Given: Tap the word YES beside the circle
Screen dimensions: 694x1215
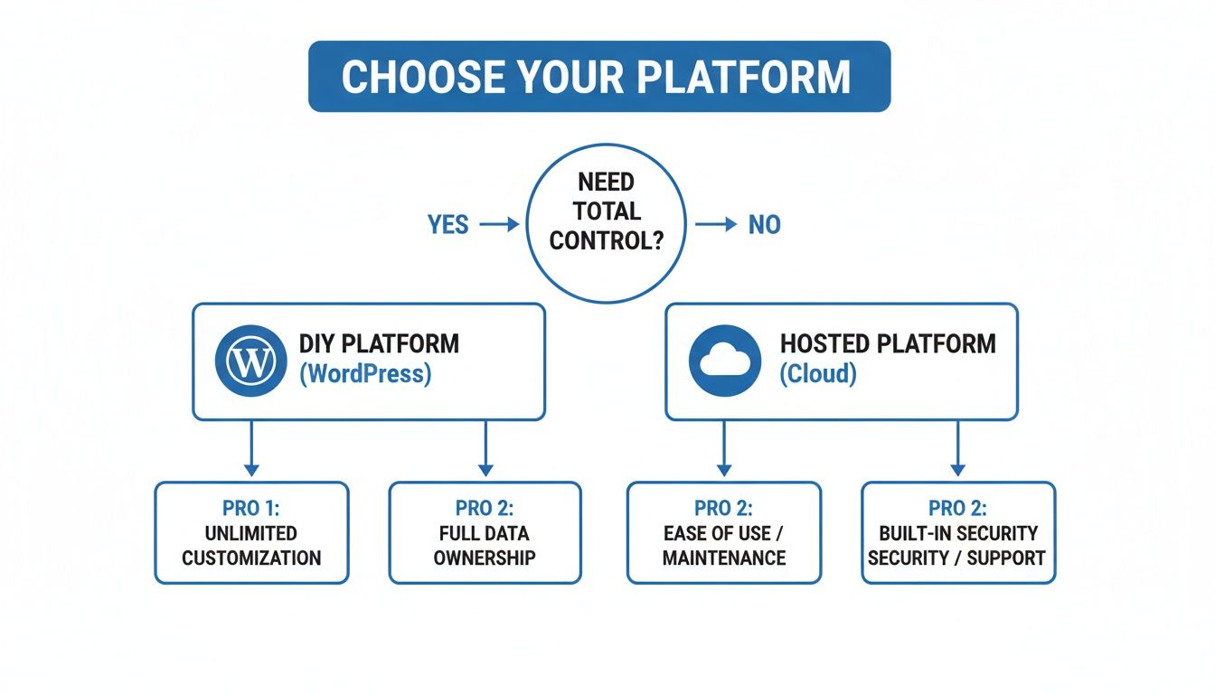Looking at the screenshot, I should tap(447, 224).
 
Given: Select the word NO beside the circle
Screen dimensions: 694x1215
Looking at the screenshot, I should tap(764, 224).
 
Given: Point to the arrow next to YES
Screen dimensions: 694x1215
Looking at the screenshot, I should tap(499, 224).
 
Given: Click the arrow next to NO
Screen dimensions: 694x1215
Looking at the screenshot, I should tap(716, 224).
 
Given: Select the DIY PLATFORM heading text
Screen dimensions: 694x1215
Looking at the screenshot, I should tap(379, 344).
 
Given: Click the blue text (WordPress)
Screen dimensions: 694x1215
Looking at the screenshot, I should tap(365, 374).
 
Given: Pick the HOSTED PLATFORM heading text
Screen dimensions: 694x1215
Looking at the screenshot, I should tap(888, 344).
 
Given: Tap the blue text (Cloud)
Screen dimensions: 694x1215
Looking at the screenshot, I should tap(818, 374).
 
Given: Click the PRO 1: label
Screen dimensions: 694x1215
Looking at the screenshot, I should tap(251, 508).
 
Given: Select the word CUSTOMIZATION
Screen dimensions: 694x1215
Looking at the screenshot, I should tap(251, 558).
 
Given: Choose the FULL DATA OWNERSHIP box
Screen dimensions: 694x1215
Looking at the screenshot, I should tap(485, 532).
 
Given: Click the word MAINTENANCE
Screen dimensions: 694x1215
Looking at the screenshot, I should tap(724, 558).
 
